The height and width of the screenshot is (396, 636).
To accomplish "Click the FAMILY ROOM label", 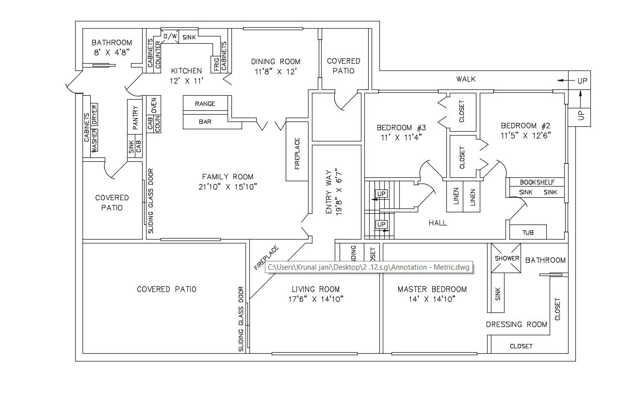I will coord(228,177).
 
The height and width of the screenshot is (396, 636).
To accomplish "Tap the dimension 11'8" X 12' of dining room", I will coord(276,71).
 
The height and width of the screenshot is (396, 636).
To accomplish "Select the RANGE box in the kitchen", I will coord(205,103).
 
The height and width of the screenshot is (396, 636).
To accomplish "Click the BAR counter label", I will coord(205,122).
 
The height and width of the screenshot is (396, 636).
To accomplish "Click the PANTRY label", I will coord(135,117).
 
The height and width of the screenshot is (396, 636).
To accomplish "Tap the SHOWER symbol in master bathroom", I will coord(506,258).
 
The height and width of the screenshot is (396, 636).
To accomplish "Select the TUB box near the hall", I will coord(528,232).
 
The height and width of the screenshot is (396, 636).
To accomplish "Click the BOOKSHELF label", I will coord(536,183).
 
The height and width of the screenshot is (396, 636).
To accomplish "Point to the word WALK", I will coord(466,79).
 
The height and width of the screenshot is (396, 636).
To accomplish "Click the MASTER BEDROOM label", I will coord(432,290).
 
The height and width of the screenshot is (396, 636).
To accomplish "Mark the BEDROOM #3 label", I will coord(401,128).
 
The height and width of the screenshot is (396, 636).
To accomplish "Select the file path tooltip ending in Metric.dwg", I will coord(369,267).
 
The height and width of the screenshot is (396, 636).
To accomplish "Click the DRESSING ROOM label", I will coord(516,325).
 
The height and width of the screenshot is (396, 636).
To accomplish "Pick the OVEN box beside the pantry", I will coord(153,105).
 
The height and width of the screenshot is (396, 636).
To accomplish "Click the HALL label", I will coord(438,223).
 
